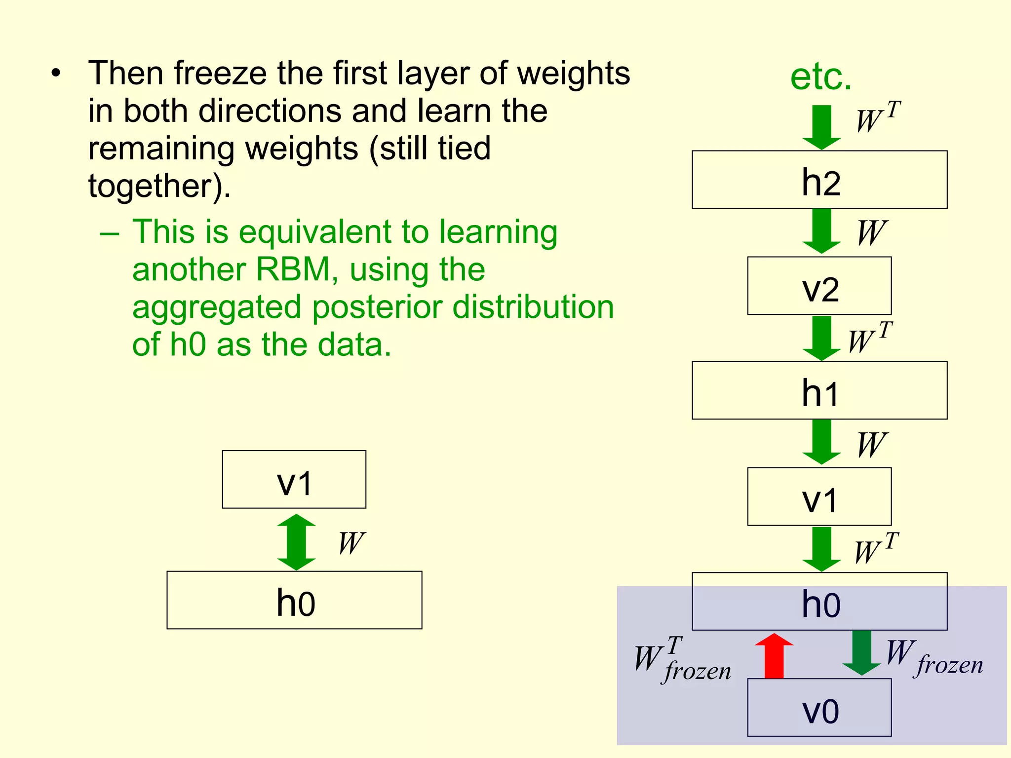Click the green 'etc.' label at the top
coord(821,77)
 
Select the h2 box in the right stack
coord(819,180)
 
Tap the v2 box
coord(819,286)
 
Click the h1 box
coord(819,391)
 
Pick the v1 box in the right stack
coord(819,496)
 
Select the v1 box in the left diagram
coord(294,480)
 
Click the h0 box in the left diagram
coord(294,601)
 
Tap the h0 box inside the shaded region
coord(819,602)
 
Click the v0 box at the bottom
coord(819,708)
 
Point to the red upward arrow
coord(774,656)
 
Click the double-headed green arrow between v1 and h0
coord(296,542)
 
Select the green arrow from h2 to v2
coord(821,230)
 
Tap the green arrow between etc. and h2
coord(821,127)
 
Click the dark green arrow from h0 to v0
coord(861,652)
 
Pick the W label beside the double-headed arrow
coord(351,543)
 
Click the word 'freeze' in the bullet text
coord(220,74)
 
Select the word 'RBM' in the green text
coord(293,270)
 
